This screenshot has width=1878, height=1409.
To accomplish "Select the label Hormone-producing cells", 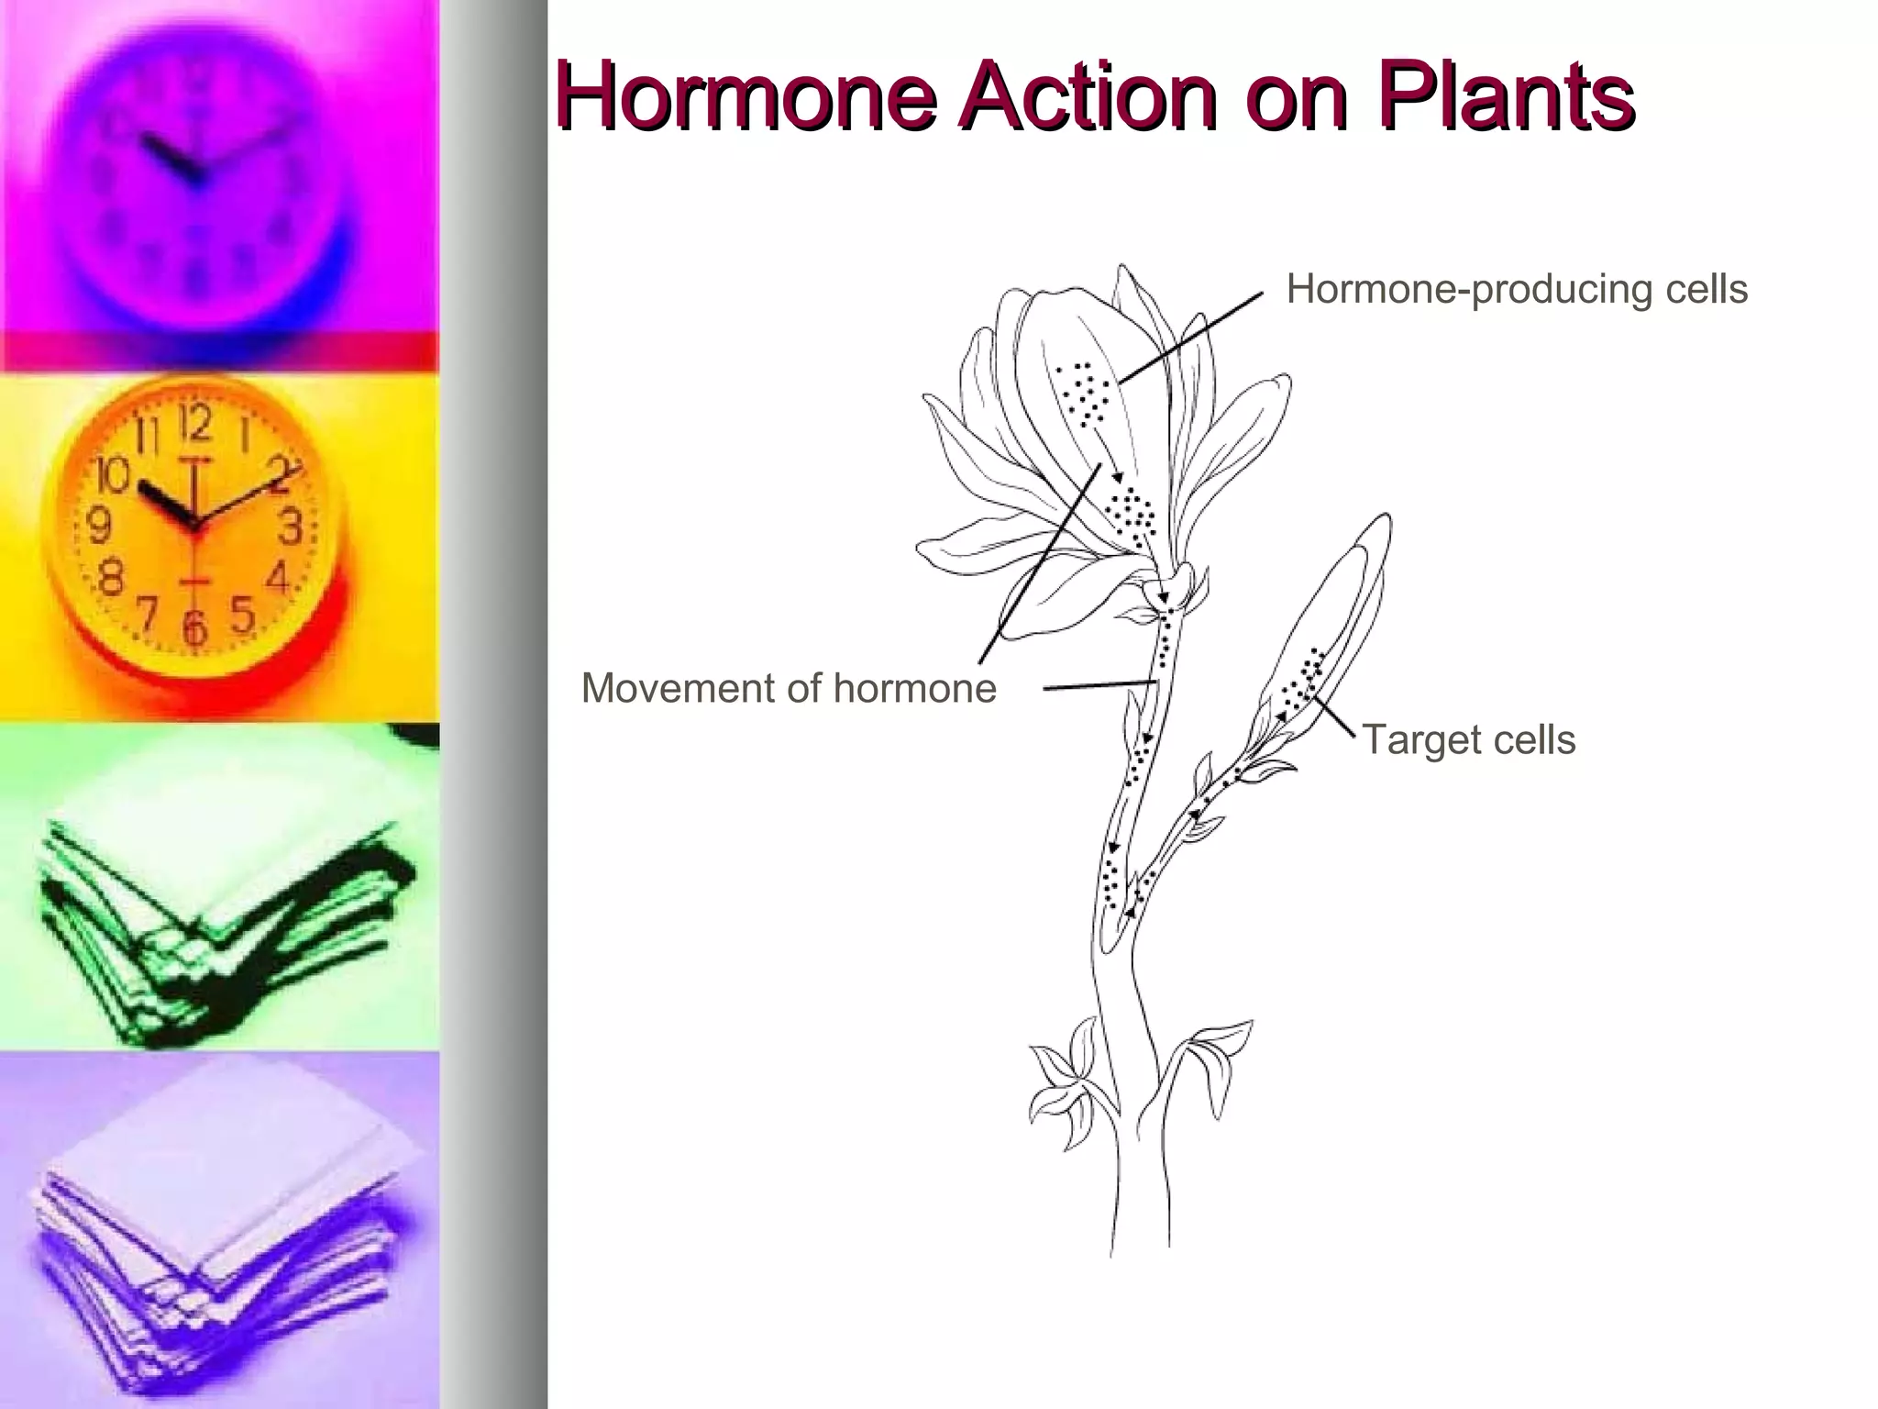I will pos(1517,289).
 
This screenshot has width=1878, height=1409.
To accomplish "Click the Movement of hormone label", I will pos(789,688).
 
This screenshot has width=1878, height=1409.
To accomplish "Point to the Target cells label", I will pos(1468,739).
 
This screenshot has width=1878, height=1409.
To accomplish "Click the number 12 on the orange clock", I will pos(193,425).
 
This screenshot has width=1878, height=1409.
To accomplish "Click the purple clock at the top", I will pos(197,165).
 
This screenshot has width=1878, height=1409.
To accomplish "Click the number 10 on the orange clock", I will pos(114,476).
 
